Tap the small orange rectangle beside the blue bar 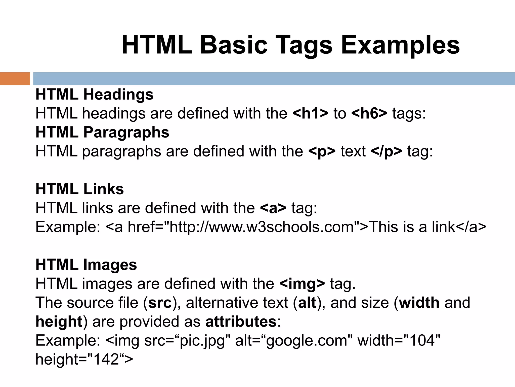[15, 79]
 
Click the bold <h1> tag [311, 113]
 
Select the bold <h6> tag [369, 113]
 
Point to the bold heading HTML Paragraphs [102, 132]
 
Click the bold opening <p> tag [322, 151]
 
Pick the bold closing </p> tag [386, 151]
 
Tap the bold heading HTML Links [80, 189]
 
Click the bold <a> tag [273, 208]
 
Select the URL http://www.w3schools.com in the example [262, 227]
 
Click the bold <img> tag [302, 284]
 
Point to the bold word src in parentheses [160, 303]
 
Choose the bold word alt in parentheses [307, 303]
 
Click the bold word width [419, 303]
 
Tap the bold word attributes [241, 322]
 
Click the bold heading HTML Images [86, 265]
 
